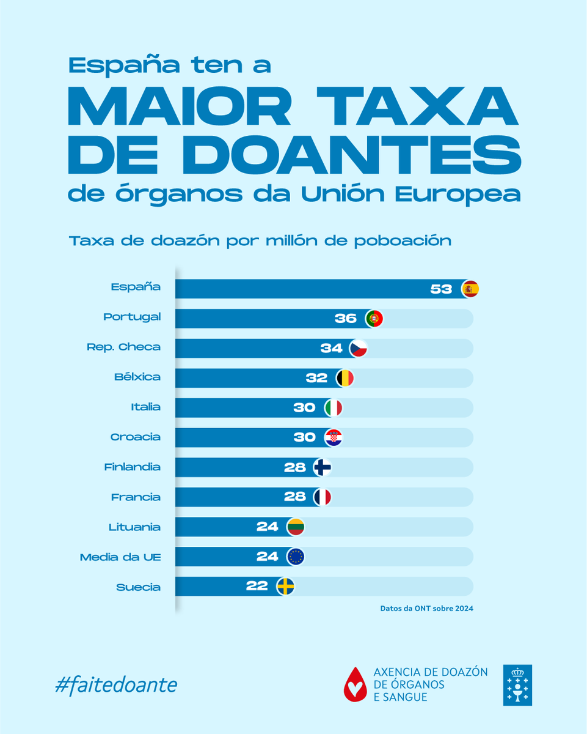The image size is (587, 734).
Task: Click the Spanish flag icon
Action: point(470,289)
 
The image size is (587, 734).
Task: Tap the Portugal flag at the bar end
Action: point(374,319)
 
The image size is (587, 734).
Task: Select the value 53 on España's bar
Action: point(440,289)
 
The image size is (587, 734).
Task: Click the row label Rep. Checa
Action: point(123,347)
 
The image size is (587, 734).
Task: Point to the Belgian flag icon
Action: point(345,378)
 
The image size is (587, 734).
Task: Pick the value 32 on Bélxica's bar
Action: point(316,378)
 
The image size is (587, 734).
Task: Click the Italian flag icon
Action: point(334,408)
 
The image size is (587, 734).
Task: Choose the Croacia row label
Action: point(135,437)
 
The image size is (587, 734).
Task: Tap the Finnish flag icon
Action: point(323,467)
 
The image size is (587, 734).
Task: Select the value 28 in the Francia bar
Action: point(294,497)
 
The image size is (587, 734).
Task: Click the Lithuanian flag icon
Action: point(296,527)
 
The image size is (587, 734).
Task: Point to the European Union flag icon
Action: point(296,557)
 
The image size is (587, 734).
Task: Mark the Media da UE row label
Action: point(120,557)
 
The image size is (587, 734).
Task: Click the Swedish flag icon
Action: point(285,587)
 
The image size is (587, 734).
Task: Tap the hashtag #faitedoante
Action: point(116,684)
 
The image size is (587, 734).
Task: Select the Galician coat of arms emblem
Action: point(517,685)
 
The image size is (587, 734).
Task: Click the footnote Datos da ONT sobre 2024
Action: point(426,609)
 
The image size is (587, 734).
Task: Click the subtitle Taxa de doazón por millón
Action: point(260,240)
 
